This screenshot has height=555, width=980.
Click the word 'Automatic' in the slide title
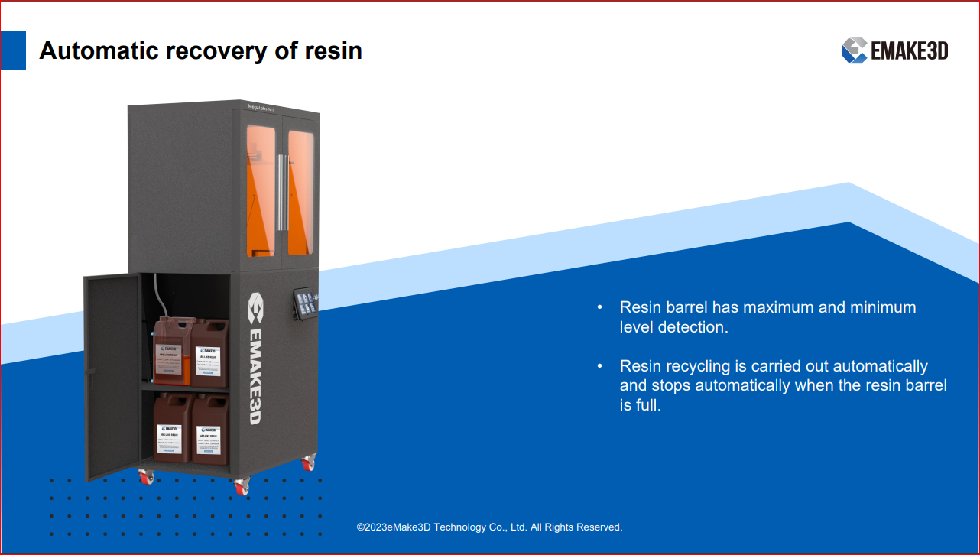[x=93, y=51]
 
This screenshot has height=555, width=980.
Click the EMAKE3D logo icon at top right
[x=854, y=50]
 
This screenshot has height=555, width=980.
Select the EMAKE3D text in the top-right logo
[x=910, y=51]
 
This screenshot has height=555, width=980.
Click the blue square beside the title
[x=13, y=50]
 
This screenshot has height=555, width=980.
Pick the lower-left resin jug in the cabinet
[x=172, y=429]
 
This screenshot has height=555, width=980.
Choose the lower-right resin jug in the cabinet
[x=210, y=430]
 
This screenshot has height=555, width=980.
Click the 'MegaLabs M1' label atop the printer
[x=261, y=109]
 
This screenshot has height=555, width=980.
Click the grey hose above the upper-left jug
[x=157, y=295]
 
